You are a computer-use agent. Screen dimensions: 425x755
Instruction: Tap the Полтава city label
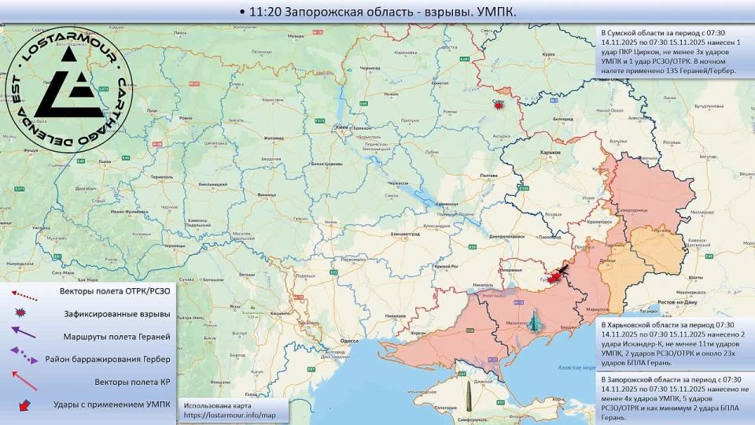tap(488, 175)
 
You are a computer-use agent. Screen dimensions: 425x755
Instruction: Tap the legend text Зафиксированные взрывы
tap(117, 314)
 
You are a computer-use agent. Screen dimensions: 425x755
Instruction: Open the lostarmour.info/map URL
tap(230, 415)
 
